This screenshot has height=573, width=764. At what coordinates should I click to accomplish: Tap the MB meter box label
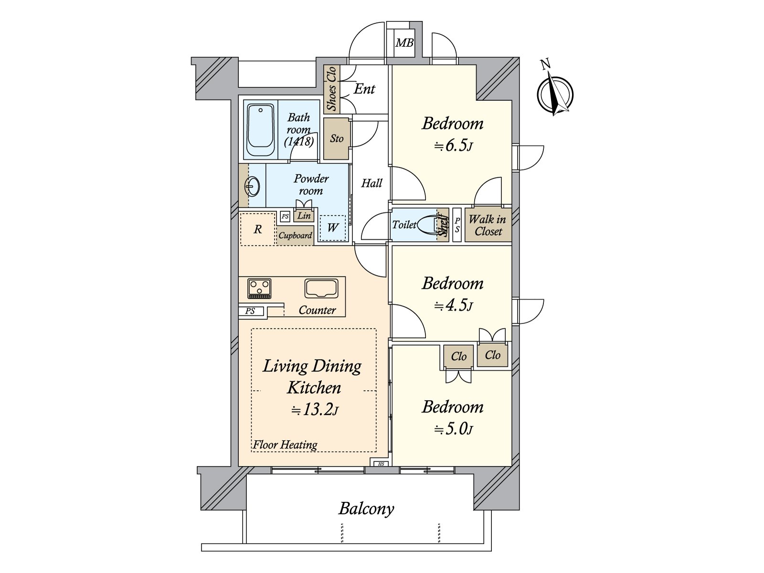coord(404,43)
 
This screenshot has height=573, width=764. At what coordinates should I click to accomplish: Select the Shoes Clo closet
coord(331,89)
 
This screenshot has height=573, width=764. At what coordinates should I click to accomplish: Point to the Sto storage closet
coord(336,138)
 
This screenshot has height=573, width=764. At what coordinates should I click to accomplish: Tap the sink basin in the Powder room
coord(252,187)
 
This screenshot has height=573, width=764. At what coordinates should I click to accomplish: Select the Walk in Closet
coord(488,225)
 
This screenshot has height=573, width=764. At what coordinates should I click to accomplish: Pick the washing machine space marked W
coord(333,228)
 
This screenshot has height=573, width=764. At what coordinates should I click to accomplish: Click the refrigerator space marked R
coord(257,229)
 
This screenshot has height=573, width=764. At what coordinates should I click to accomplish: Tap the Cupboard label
coord(295,235)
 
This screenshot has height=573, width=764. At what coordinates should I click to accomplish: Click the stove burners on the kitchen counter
coord(259,288)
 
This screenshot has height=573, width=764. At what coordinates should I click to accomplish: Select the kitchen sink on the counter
coord(321,288)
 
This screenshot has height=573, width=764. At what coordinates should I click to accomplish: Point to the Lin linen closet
coord(304,215)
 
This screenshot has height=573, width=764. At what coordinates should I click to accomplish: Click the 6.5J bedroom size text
coord(453,146)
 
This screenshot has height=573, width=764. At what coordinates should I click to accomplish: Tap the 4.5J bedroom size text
coord(453,306)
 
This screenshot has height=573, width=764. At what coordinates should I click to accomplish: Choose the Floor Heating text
coord(285,445)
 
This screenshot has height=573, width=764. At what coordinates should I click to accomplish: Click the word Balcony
coord(366,509)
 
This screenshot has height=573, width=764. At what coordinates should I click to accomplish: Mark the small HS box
coord(381,464)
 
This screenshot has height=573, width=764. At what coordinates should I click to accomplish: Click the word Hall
coord(371,183)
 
